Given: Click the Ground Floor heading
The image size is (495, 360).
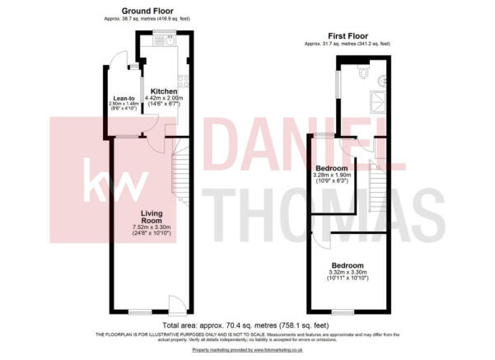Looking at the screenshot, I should point(147,12).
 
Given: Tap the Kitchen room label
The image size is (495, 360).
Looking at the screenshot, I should point(164,91).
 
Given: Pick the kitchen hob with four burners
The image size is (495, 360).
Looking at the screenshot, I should point(183,82).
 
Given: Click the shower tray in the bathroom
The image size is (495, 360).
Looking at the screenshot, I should point(378,100).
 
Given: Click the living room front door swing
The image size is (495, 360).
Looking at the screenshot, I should point(175,302).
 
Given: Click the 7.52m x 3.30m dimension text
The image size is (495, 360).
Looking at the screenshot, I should point(152,228).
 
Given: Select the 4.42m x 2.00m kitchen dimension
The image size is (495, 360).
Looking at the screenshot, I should point(165,99).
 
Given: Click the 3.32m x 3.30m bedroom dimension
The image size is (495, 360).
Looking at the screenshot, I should point(346,273).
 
